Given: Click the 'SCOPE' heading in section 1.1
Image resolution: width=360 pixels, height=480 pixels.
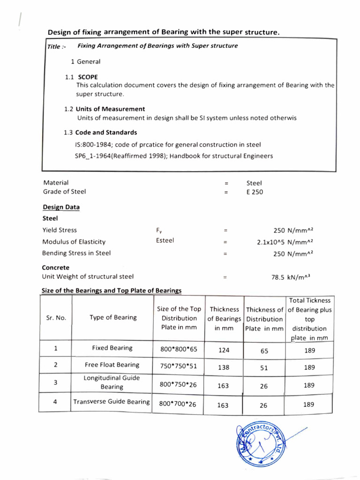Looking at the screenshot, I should point(88,77).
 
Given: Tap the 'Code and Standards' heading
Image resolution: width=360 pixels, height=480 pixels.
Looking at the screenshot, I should point(106,133).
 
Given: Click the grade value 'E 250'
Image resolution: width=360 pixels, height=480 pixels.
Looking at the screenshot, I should point(255,191).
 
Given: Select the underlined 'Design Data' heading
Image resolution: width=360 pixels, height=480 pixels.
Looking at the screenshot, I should point(61,207).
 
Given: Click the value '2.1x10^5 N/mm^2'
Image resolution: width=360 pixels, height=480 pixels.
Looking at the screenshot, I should point(281,242).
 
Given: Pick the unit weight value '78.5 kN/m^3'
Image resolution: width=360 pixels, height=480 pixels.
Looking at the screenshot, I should point(291,277).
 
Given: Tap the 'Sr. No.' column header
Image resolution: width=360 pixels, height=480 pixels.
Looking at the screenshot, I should point(56,318).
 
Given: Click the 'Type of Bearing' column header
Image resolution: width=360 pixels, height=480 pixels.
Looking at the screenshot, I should point(113,317).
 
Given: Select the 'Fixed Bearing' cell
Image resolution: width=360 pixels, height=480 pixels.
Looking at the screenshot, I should point(112,348).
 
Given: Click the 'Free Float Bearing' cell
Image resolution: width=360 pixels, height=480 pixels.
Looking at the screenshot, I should point(112,365).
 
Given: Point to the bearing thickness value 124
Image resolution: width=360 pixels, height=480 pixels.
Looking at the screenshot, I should point(224,350).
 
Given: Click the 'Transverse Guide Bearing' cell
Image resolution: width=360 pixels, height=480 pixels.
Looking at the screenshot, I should point(112,402).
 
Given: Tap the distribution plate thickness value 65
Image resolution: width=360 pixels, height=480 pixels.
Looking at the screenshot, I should point(264,350).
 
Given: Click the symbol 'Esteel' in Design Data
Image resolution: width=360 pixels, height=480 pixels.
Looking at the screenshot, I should point(165,240).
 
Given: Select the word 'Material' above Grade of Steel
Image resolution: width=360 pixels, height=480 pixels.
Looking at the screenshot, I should point(56,182).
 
